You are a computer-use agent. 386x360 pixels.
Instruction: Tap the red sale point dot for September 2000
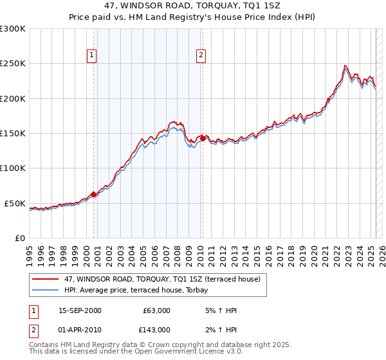tap(94, 194)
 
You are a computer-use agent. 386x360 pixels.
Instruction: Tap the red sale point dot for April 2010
tap(203, 138)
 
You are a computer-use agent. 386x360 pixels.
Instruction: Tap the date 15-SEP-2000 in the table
tap(80, 310)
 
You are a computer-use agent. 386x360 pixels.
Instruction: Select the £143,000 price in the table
tap(156, 330)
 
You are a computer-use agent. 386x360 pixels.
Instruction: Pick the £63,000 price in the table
tap(156, 310)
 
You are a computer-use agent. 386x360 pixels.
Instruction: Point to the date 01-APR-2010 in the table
tap(80, 330)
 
